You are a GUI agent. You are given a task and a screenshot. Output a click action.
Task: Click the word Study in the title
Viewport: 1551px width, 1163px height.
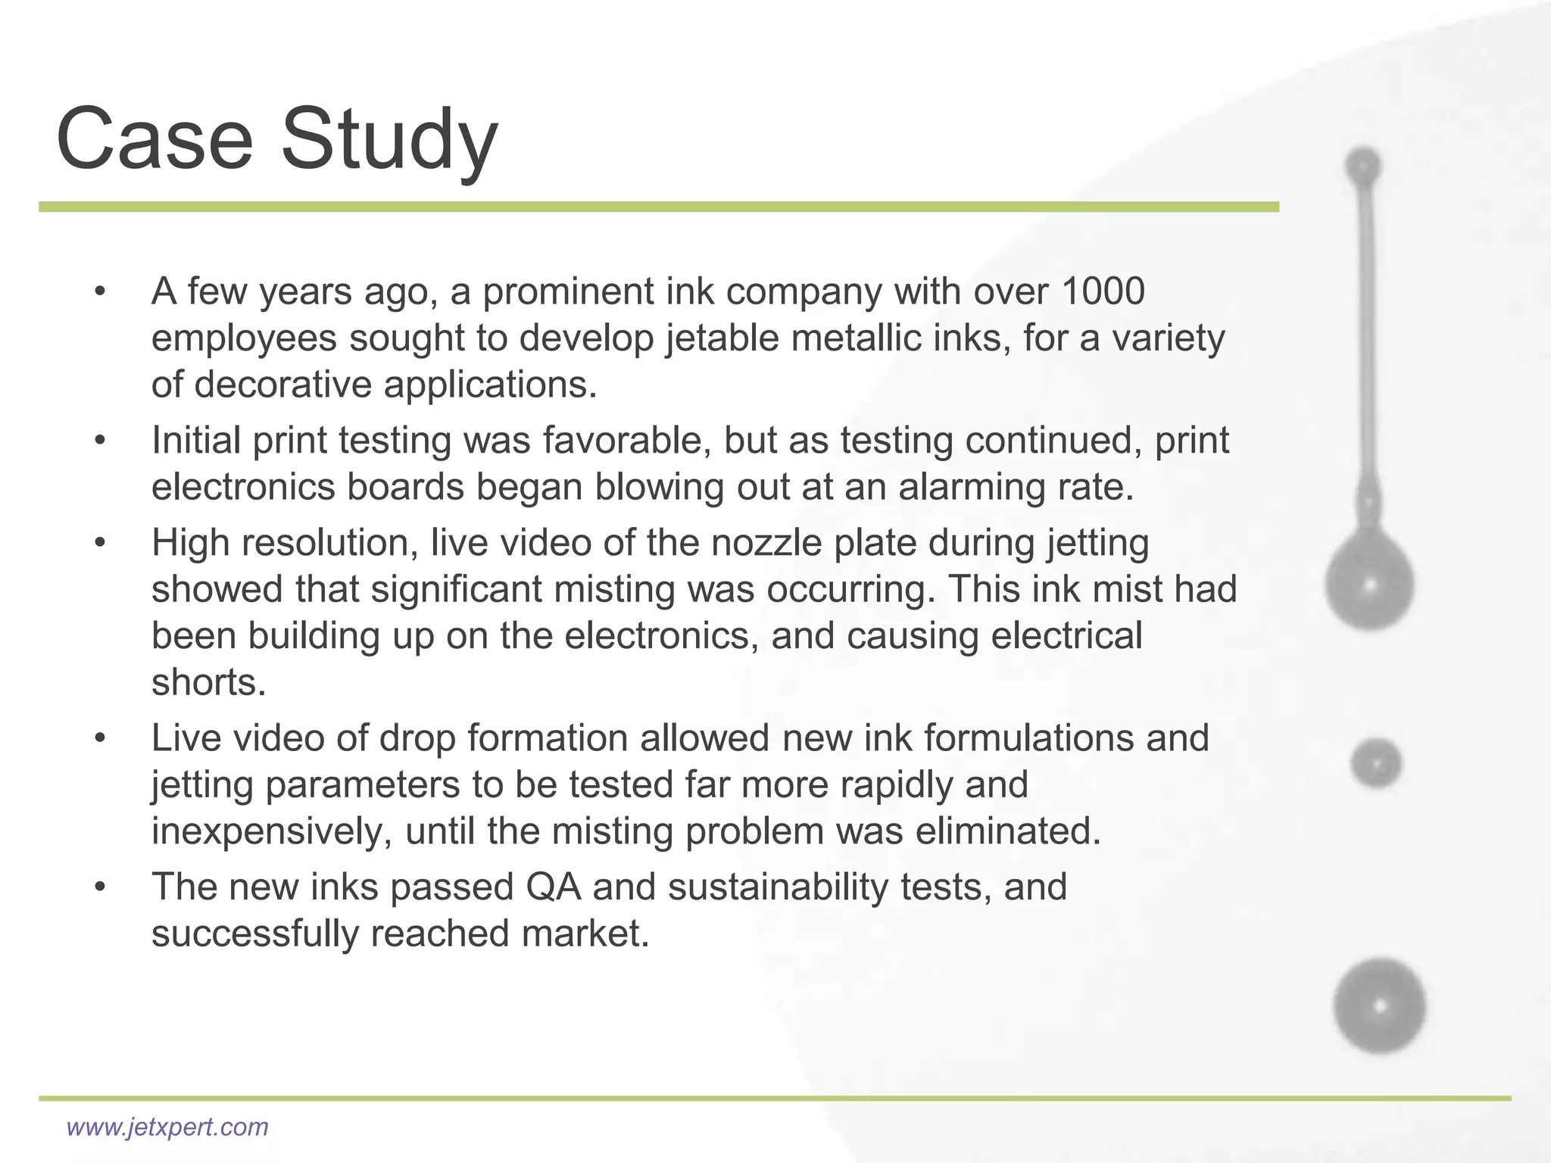pyautogui.click(x=389, y=142)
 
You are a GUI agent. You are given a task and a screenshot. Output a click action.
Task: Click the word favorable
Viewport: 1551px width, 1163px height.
pyautogui.click(x=626, y=440)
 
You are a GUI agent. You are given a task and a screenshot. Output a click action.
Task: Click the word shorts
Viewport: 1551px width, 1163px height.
pyautogui.click(x=208, y=682)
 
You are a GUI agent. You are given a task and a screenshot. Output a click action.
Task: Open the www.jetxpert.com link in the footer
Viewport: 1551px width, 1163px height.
pyautogui.click(x=167, y=1127)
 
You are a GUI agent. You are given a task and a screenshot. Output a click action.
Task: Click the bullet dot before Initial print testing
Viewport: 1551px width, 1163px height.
pyautogui.click(x=100, y=441)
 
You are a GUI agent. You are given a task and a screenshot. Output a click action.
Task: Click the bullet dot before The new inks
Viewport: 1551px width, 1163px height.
pyautogui.click(x=100, y=887)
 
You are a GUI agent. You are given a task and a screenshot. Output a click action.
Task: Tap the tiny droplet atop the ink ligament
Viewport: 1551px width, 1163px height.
pyautogui.click(x=1363, y=165)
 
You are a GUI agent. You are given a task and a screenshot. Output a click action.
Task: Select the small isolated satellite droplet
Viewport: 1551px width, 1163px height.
pyautogui.click(x=1376, y=762)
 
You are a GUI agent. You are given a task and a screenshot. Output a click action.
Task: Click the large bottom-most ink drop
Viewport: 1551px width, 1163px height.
pyautogui.click(x=1379, y=1006)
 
